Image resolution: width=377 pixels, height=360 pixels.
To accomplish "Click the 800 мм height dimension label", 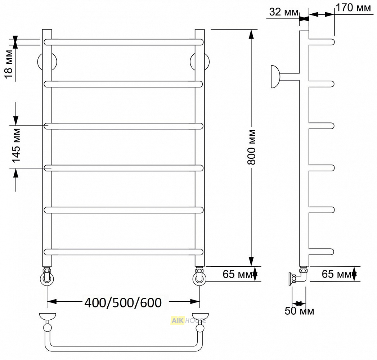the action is [x=251, y=147].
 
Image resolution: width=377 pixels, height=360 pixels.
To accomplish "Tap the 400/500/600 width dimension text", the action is [x=123, y=302].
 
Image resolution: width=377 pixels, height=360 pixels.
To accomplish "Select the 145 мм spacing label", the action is [x=16, y=146].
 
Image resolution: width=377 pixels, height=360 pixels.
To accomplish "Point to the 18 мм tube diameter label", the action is [x=9, y=64].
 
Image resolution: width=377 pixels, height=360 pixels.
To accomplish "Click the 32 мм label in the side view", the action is [x=284, y=12].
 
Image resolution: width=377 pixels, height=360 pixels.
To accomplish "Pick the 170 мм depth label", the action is [x=353, y=8].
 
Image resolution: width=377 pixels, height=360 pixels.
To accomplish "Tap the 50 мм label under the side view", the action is [x=299, y=311].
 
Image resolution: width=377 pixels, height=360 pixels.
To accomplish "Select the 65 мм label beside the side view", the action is [x=336, y=274].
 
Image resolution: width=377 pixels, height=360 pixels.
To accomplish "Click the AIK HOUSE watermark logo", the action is [x=188, y=321].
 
